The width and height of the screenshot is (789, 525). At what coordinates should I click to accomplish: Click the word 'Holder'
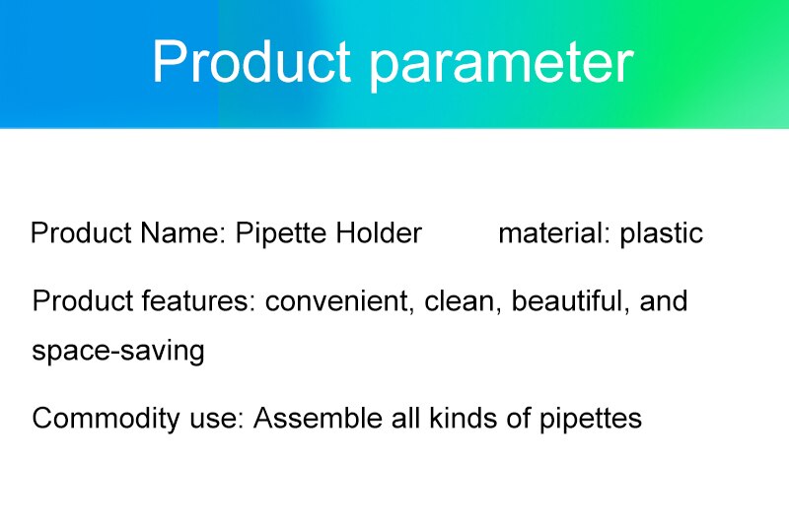(x=379, y=233)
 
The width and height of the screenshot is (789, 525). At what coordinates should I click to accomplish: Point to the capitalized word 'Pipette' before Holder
(x=282, y=233)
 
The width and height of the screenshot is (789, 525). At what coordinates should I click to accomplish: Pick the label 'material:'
(x=554, y=233)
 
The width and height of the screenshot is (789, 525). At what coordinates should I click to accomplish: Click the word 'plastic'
(x=661, y=233)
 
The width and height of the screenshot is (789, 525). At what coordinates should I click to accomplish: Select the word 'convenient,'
(x=341, y=300)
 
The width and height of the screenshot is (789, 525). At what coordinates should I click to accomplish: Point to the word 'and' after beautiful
(x=664, y=300)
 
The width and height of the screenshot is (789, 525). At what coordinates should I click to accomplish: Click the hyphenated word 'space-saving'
(x=118, y=352)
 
